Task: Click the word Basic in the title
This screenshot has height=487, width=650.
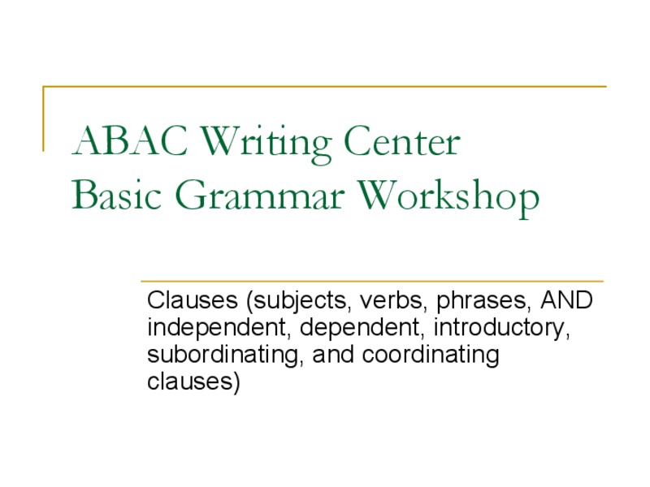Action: pos(116,196)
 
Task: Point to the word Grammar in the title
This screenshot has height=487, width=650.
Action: pos(261,196)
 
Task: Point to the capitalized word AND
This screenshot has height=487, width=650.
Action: pos(567,301)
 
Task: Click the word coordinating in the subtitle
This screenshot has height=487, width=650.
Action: pos(431,356)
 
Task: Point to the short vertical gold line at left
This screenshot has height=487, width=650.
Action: pos(43,119)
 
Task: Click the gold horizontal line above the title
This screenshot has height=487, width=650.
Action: pos(325,86)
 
